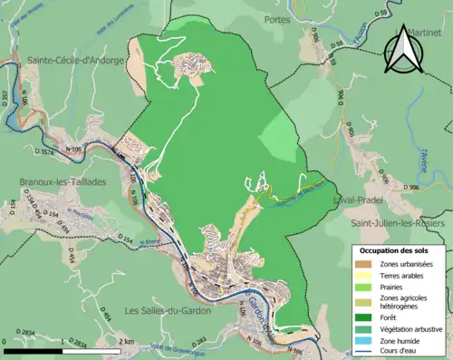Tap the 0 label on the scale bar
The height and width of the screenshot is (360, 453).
pyautogui.click(x=5, y=342)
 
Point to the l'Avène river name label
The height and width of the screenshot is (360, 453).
pyautogui.click(x=421, y=159)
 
